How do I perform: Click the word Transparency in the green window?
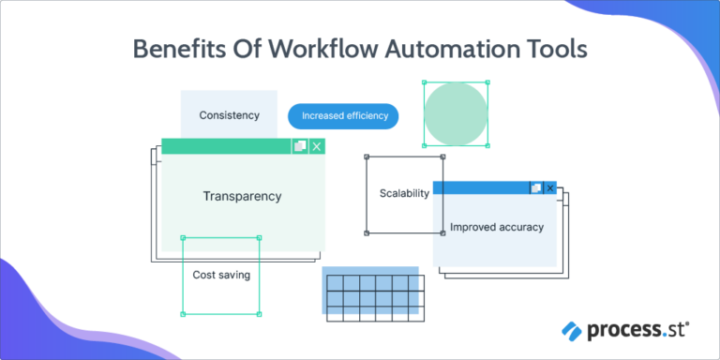[x=242, y=197]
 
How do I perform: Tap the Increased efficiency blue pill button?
[x=343, y=116]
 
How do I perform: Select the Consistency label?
[x=229, y=116]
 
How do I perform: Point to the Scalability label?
[x=404, y=194]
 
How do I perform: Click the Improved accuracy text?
[x=497, y=228]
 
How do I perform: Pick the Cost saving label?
[x=221, y=276]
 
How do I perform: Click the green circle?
[x=456, y=113]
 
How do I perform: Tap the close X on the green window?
[x=317, y=146]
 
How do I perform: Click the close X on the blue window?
[x=550, y=188]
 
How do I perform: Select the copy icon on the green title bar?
[x=300, y=146]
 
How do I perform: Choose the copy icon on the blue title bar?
[x=536, y=188]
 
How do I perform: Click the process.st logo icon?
[x=572, y=330]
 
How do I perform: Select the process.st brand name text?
[x=637, y=330]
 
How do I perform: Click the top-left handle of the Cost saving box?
[x=182, y=238]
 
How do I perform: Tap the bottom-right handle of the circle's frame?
[x=488, y=146]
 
